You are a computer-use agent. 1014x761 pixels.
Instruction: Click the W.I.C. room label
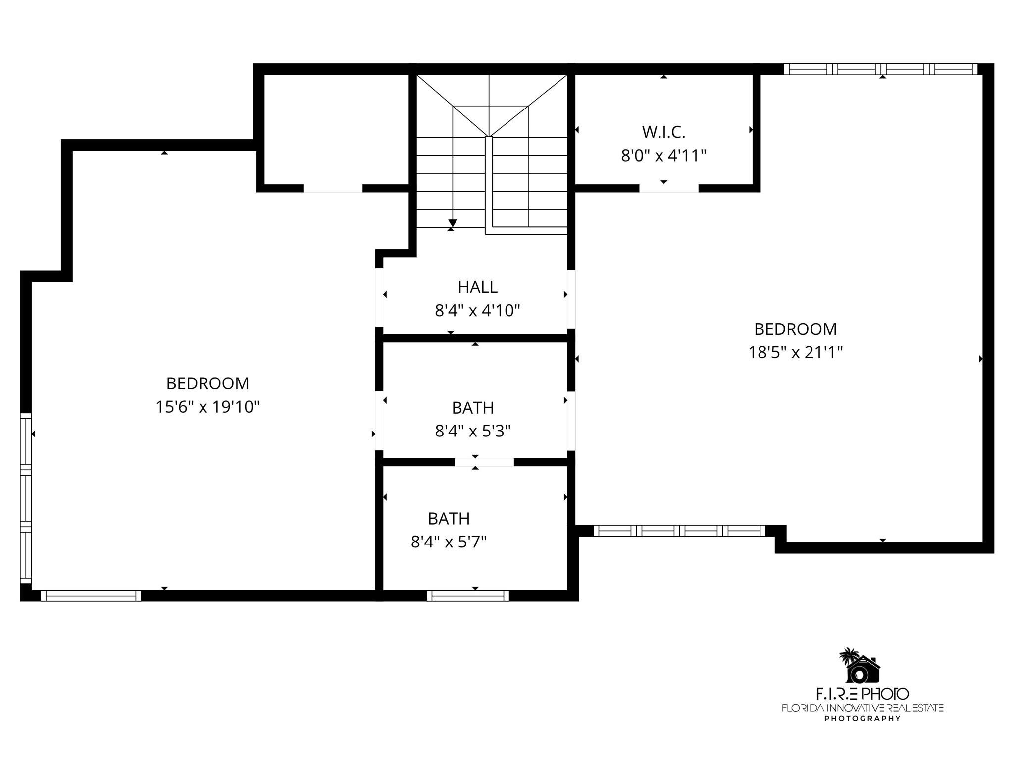point(663,132)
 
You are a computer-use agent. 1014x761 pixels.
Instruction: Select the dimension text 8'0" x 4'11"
point(663,156)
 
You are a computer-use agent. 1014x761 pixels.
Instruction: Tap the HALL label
point(477,287)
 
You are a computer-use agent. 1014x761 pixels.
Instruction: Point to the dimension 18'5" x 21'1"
point(795,353)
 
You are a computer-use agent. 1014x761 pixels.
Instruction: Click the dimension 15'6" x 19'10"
point(207,407)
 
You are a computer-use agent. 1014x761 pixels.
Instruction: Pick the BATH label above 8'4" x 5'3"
point(473,408)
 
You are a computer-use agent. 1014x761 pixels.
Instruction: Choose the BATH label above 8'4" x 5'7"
point(449,519)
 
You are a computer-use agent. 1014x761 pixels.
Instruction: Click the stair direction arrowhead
point(452,223)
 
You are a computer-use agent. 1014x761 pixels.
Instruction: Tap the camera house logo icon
point(861,666)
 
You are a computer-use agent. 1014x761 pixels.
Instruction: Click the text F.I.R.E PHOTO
point(862,693)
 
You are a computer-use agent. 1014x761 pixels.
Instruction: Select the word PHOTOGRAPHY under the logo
point(862,719)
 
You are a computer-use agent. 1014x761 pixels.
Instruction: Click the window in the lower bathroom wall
point(468,596)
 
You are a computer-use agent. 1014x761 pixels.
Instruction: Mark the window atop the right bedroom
point(882,69)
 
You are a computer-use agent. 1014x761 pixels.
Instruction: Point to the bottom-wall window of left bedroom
point(91,596)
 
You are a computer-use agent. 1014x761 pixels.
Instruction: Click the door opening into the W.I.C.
point(668,188)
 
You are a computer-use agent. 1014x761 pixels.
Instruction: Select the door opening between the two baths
point(484,462)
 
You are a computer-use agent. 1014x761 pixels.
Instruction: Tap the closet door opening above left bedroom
point(333,188)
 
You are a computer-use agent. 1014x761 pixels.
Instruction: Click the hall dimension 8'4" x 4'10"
point(477,311)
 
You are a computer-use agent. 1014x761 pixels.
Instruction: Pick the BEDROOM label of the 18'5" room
point(795,329)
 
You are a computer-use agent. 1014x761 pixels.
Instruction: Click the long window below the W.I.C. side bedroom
point(679,531)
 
